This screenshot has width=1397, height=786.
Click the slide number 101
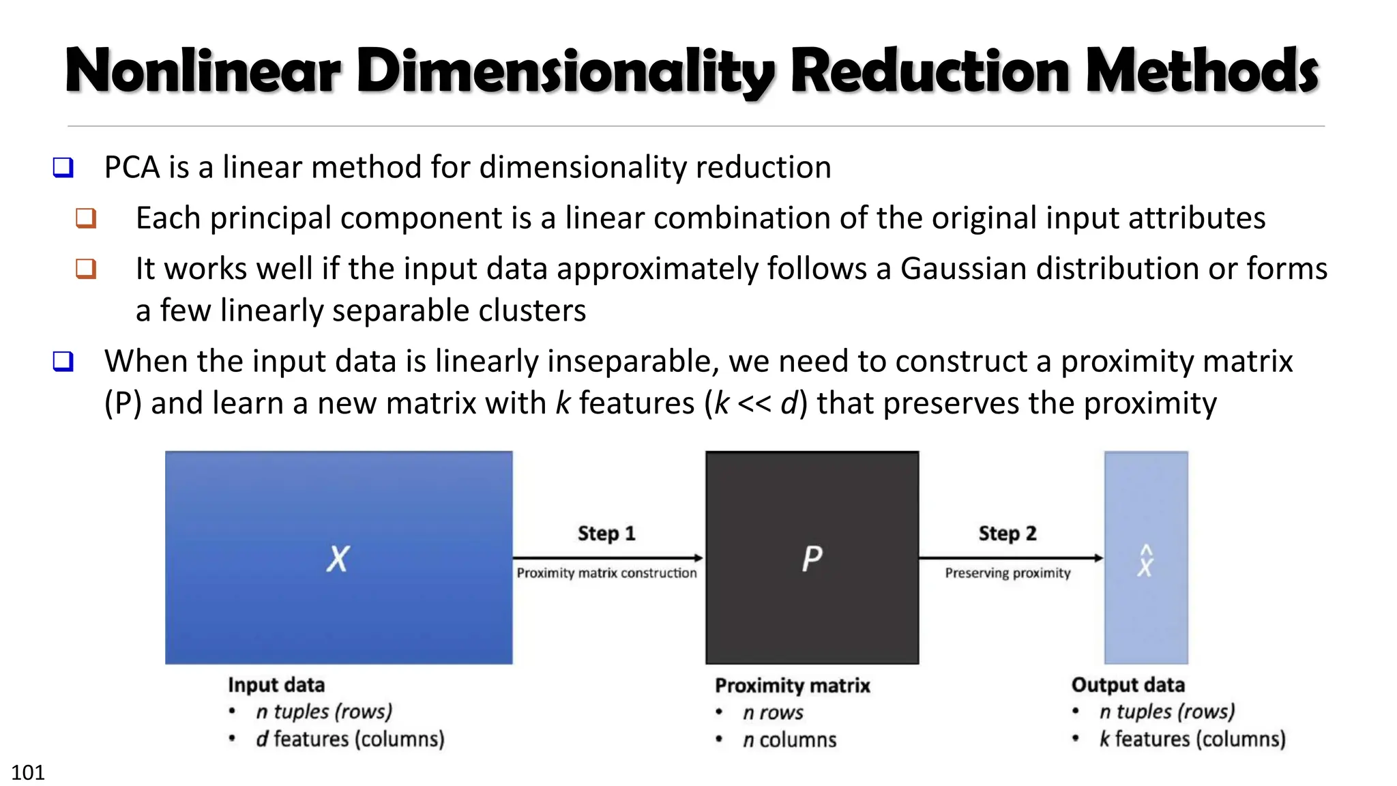28,772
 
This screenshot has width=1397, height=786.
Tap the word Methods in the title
1202,71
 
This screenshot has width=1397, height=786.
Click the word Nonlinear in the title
203,71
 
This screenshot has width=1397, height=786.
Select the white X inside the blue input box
338,559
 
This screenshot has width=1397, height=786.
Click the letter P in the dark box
812,559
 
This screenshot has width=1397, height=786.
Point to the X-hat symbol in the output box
1145,561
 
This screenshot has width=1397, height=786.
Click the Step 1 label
606,534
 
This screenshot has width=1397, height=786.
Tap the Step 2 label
1008,534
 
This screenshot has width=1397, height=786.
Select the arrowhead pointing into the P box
698,558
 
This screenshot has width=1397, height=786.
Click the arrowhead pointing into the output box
1098,558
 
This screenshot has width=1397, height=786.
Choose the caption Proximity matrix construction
606,573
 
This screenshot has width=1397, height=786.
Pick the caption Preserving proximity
1008,573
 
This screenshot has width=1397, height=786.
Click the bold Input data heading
276,685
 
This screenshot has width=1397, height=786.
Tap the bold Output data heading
1128,685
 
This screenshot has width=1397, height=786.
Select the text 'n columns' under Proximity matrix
789,740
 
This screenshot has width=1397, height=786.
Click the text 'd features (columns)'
350,739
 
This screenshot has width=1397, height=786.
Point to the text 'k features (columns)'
1192,739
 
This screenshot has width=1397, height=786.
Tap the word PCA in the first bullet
132,168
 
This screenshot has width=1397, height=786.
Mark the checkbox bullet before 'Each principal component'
86,218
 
